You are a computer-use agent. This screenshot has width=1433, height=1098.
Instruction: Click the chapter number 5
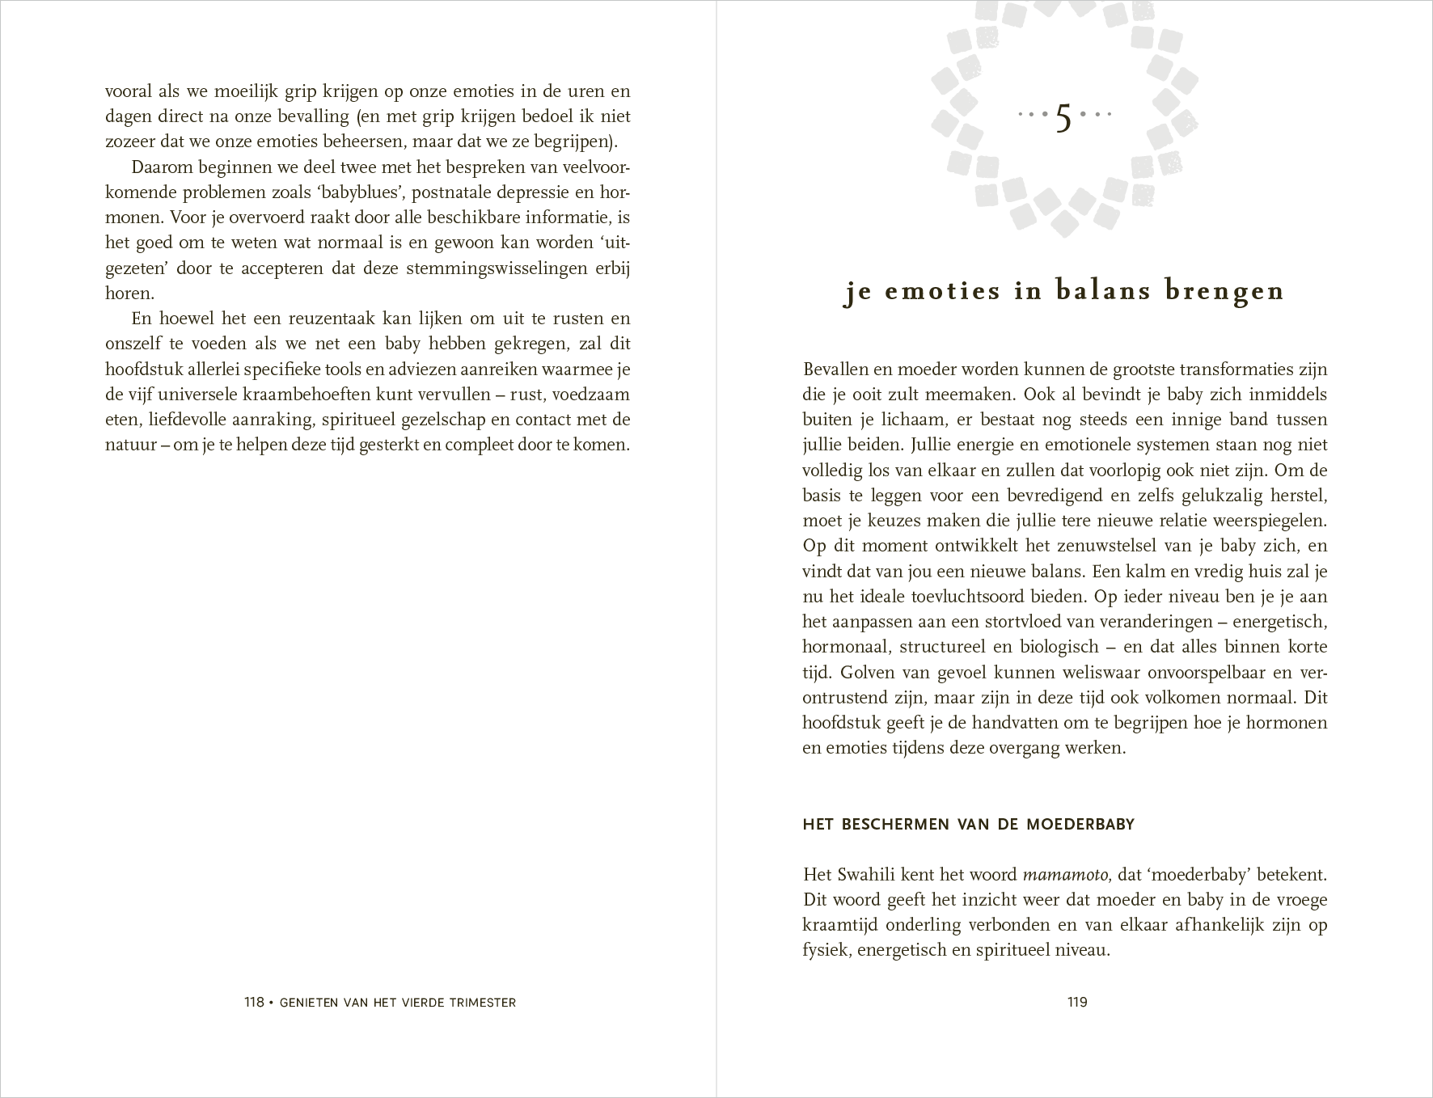1063,119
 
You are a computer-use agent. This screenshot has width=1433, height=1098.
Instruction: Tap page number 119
1077,1003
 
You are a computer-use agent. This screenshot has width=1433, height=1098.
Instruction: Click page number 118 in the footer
255,1003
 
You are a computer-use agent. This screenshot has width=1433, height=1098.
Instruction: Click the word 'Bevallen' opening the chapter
835,370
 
